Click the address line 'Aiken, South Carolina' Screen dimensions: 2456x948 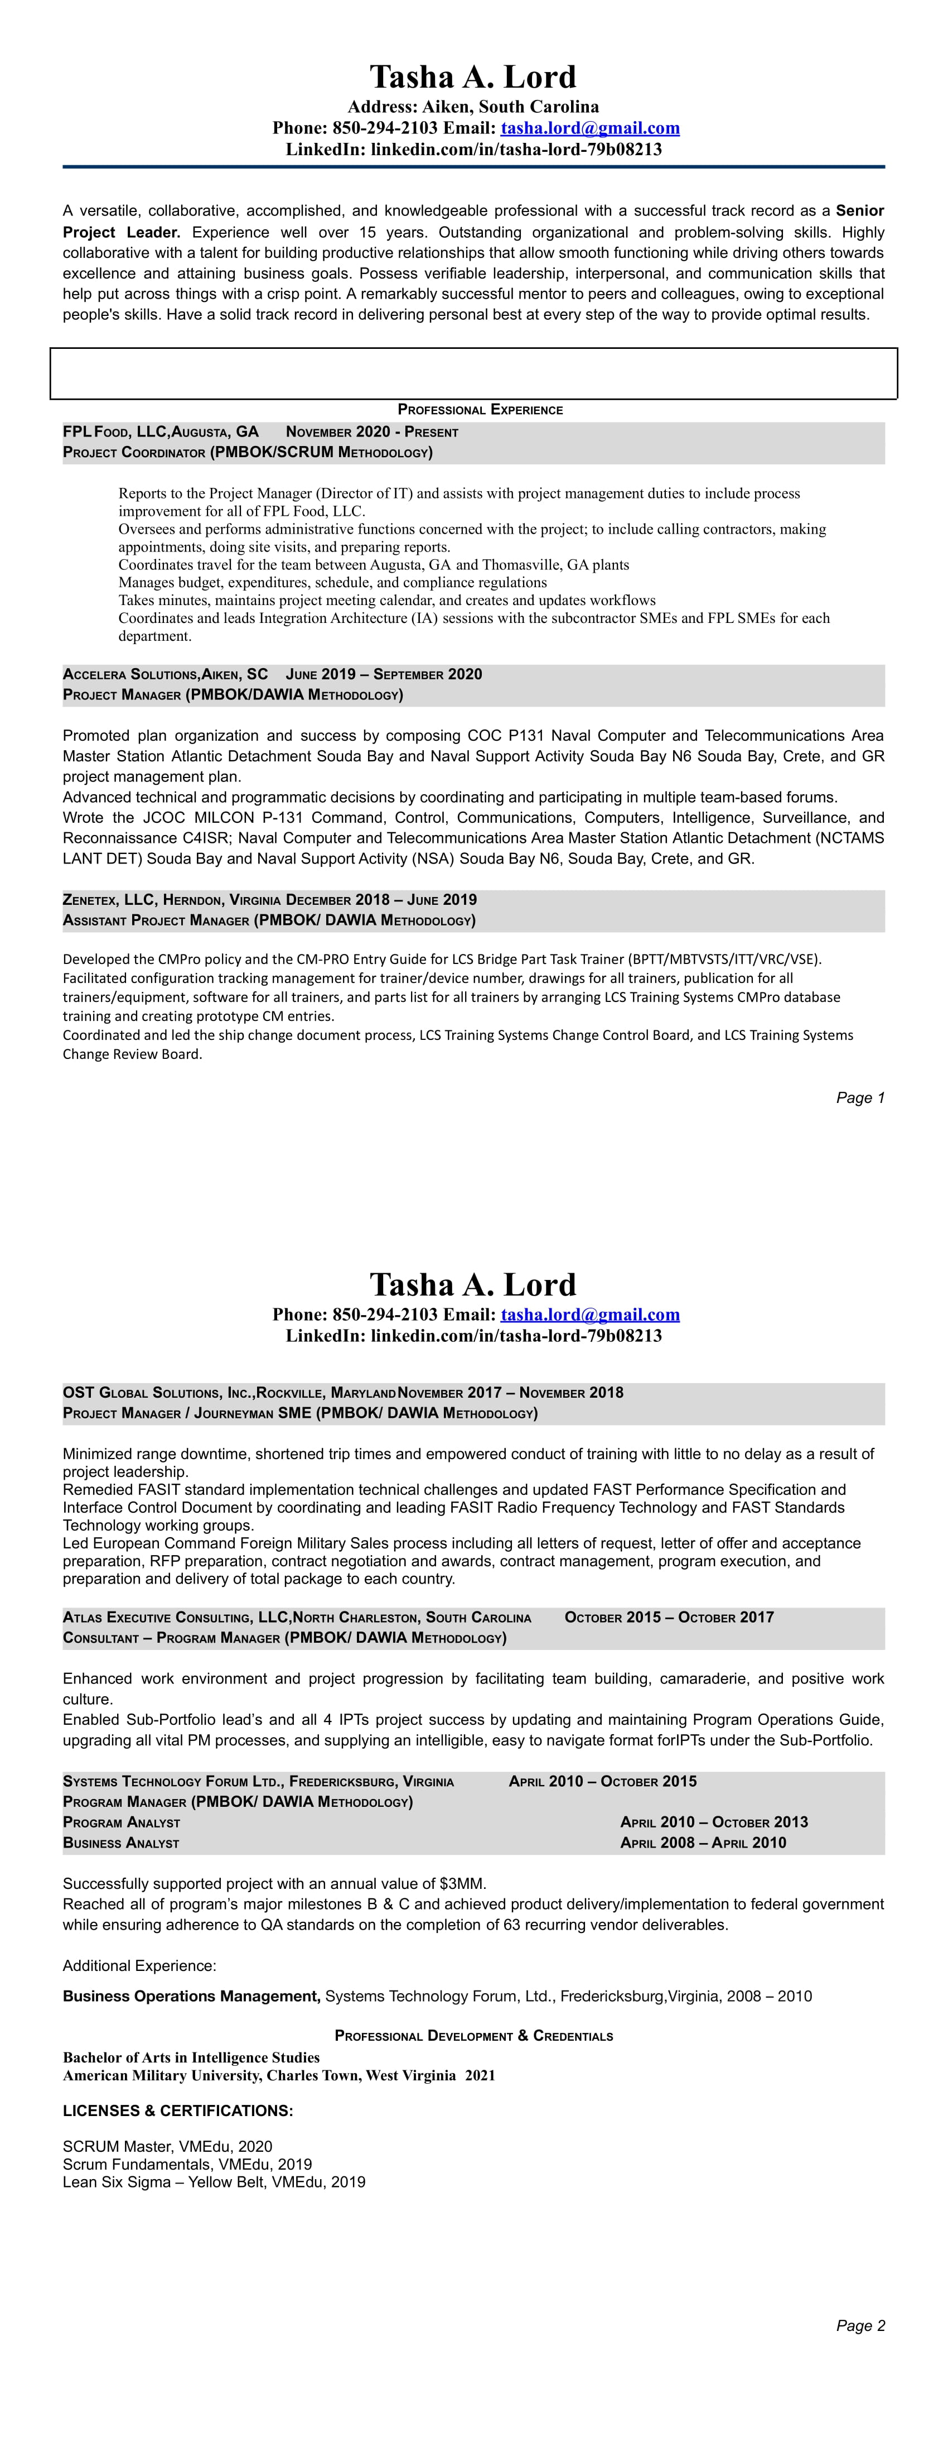(x=511, y=107)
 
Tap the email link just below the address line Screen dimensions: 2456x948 (x=590, y=128)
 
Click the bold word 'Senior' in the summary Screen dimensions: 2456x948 (x=859, y=210)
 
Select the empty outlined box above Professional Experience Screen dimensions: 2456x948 (x=473, y=373)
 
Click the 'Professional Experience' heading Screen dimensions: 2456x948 (x=480, y=410)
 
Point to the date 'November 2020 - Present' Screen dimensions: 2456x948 (x=371, y=432)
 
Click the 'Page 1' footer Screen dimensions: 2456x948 (x=859, y=1097)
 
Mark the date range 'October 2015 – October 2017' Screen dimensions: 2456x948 (x=669, y=1617)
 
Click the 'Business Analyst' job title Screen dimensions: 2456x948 (x=121, y=1843)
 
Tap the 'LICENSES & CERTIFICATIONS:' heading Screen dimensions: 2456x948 (x=178, y=2111)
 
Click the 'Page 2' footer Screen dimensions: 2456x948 (x=859, y=2325)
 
